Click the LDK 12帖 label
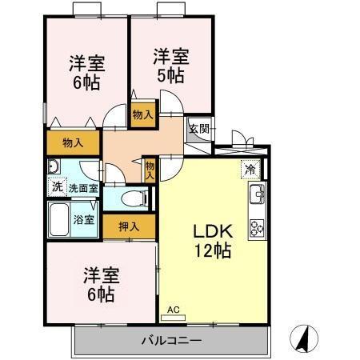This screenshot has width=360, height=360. [x=211, y=238]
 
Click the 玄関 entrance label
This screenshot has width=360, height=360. [x=198, y=127]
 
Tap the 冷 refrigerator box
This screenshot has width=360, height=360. [x=250, y=170]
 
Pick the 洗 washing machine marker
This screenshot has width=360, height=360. [x=56, y=187]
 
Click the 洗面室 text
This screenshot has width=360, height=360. [x=83, y=188]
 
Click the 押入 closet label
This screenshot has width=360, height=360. [x=129, y=226]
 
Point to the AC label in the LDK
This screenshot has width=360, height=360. [x=174, y=308]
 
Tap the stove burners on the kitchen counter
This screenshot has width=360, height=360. [x=258, y=227]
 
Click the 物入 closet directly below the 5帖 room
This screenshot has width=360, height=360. [x=142, y=116]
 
